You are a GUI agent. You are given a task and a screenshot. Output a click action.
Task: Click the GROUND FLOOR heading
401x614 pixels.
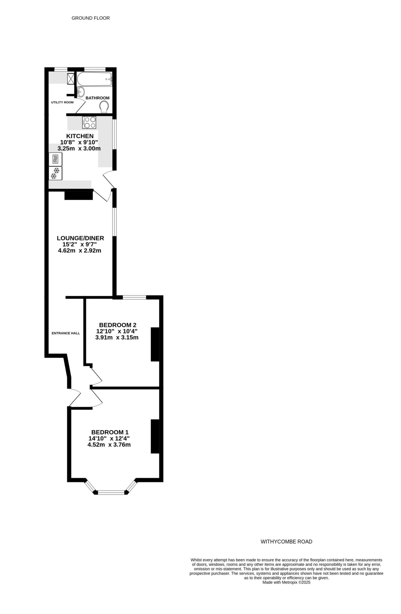click(x=91, y=18)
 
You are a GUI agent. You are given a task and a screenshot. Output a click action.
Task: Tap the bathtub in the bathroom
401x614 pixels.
click(x=94, y=79)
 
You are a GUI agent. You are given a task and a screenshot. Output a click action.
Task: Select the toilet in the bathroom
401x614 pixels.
click(x=104, y=107)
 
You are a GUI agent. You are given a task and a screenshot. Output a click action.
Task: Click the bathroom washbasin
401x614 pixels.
click(x=81, y=91)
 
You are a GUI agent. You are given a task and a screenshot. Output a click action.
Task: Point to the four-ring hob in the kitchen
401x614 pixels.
click(x=89, y=122)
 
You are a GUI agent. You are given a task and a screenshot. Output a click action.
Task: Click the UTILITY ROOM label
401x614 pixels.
click(x=62, y=102)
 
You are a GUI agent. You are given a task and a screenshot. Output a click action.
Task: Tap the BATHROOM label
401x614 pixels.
click(x=97, y=98)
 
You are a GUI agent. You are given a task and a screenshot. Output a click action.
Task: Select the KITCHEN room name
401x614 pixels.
click(x=80, y=136)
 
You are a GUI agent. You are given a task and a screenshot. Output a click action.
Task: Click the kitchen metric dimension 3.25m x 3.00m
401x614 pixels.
click(x=79, y=149)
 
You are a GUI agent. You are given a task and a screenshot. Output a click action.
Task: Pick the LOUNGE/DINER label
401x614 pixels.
click(x=80, y=238)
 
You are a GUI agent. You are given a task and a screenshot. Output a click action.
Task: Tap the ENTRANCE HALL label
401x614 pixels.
click(x=66, y=333)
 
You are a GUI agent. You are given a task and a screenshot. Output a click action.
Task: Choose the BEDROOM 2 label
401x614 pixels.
click(x=117, y=325)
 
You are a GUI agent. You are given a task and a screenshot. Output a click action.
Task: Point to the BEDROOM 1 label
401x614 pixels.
click(x=110, y=432)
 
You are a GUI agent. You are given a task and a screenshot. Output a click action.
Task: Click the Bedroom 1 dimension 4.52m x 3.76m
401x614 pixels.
click(x=109, y=445)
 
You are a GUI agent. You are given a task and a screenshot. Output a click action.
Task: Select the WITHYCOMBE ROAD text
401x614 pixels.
click(x=286, y=542)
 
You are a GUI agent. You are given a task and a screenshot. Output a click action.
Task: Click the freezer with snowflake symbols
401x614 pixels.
click(x=55, y=173)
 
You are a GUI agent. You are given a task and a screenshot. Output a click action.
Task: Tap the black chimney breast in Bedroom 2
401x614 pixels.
click(x=155, y=344)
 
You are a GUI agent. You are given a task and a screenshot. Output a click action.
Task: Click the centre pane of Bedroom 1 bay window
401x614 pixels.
click(x=111, y=492)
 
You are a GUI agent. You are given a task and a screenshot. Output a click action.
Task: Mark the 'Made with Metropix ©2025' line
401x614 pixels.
click(x=286, y=583)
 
